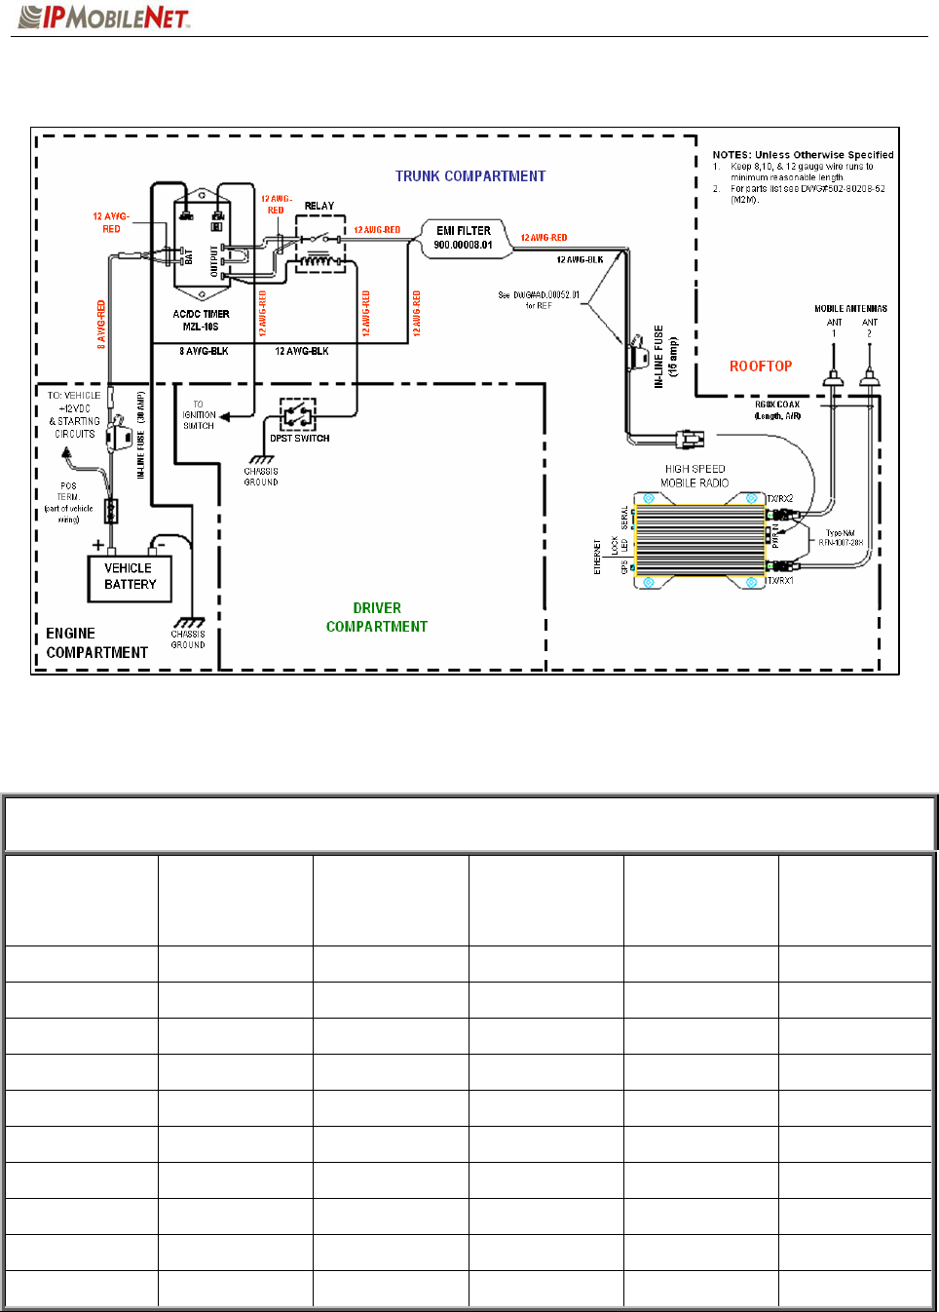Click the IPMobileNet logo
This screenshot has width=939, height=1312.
104,17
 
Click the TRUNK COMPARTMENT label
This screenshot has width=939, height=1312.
469,176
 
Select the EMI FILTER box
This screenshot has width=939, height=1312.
465,238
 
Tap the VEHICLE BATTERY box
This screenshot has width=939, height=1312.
130,576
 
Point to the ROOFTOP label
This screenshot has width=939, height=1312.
761,367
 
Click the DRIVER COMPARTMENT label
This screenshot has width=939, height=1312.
377,617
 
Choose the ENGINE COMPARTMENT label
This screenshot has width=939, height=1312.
96,643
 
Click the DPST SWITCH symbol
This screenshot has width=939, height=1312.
297,414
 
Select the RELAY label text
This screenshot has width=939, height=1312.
319,206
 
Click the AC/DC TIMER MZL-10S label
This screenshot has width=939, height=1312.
202,320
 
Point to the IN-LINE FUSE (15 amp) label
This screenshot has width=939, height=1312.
665,357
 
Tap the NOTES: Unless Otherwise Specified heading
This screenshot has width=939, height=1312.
803,155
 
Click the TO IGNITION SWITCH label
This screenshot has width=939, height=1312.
199,415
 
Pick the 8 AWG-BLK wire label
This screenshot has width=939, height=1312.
204,351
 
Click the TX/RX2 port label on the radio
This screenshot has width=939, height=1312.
780,499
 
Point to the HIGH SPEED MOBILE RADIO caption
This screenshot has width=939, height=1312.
695,476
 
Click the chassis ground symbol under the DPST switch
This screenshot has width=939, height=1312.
260,459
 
